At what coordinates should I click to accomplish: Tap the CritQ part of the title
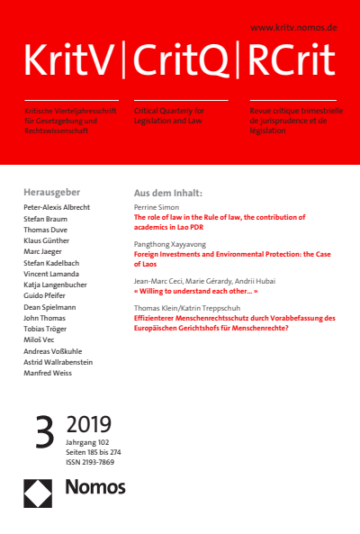pyautogui.click(x=184, y=61)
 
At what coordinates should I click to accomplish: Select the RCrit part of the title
pyautogui.click(x=290, y=61)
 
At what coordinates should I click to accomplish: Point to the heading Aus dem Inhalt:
pyautogui.click(x=168, y=193)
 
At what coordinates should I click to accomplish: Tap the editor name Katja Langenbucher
pyautogui.click(x=66, y=290)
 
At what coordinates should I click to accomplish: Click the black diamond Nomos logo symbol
pyautogui.click(x=40, y=490)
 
